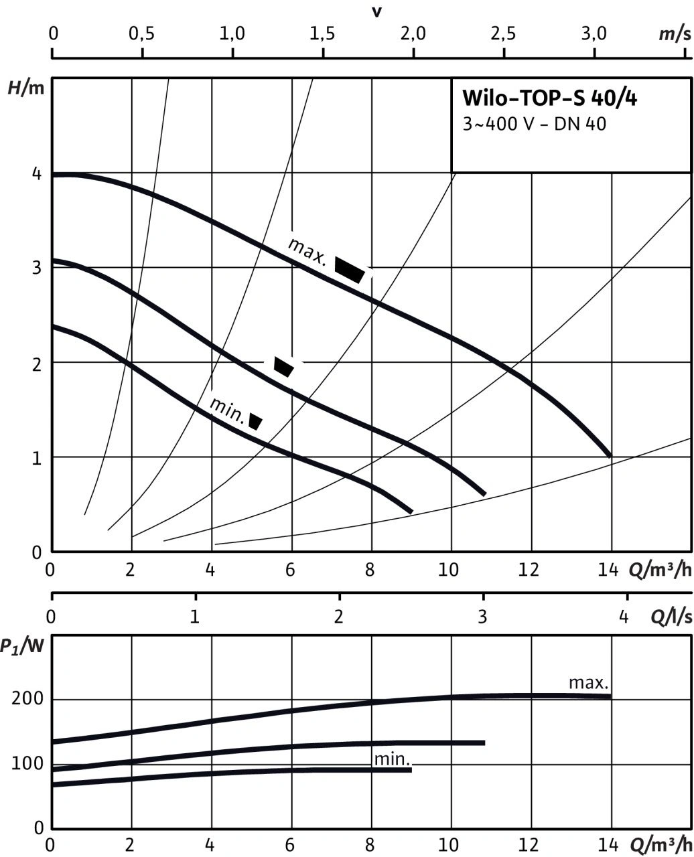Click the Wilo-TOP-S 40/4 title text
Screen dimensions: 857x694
click(549, 99)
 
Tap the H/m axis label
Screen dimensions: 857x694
click(25, 87)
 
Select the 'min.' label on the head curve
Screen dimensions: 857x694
click(226, 408)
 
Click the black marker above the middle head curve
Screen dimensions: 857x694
click(283, 366)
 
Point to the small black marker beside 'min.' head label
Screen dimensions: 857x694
click(255, 421)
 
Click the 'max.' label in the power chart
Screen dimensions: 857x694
click(588, 684)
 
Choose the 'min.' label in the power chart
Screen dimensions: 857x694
click(392, 759)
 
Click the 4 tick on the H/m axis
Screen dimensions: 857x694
click(38, 175)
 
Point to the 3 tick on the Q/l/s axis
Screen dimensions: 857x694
click(483, 617)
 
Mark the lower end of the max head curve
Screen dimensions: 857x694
click(610, 455)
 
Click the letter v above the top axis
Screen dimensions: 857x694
click(376, 11)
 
